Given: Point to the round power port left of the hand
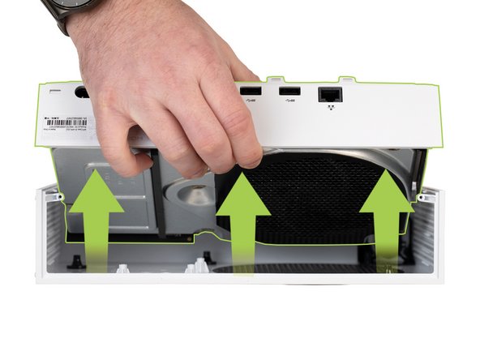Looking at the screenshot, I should coord(82,92).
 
